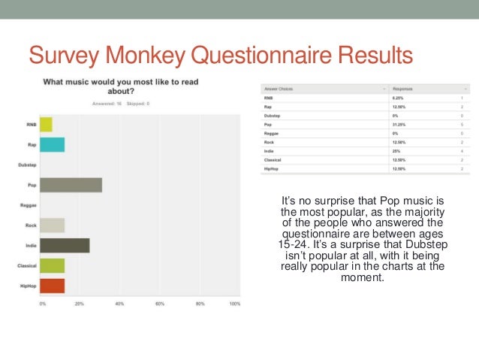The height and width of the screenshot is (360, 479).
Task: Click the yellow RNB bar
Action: click(x=46, y=124)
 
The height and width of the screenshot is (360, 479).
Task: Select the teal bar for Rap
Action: click(x=52, y=144)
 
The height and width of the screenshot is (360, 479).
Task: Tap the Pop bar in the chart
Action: click(x=71, y=185)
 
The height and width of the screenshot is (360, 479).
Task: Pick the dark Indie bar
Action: click(x=65, y=245)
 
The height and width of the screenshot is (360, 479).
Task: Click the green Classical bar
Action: click(x=52, y=265)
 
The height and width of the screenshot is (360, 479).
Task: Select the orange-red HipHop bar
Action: click(x=52, y=286)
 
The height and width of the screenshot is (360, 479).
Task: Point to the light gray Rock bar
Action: click(x=52, y=225)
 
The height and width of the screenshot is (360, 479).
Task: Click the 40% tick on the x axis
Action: click(x=119, y=304)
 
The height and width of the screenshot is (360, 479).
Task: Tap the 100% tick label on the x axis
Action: click(x=234, y=304)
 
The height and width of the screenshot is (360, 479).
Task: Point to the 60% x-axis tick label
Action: click(x=160, y=304)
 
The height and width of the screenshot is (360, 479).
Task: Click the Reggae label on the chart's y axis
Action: click(x=29, y=205)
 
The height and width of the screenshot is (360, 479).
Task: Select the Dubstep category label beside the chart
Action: click(x=28, y=165)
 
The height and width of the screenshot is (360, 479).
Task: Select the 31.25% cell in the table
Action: click(x=399, y=126)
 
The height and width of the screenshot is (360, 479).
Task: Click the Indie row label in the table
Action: click(x=270, y=152)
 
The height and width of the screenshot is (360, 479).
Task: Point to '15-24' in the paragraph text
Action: click(x=294, y=244)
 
